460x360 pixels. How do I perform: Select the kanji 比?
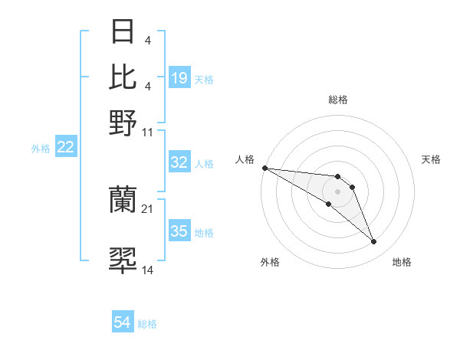pos(123,77)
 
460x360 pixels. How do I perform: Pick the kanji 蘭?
pos(123,200)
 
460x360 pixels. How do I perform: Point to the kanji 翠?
pos(123,261)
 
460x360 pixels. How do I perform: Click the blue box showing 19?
pos(179,78)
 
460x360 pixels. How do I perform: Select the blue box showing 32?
pos(179,162)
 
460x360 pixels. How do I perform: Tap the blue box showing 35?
pos(179,231)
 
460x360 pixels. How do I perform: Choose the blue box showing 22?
pos(66,148)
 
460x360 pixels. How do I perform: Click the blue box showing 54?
pos(123,323)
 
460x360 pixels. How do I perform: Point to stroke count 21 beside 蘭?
pos(148,208)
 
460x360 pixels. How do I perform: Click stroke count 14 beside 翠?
pos(148,270)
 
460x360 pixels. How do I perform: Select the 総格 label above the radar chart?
pos(338,100)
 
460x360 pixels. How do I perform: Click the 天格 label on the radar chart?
pos(431,159)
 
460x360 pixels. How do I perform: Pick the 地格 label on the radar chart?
pos(402,262)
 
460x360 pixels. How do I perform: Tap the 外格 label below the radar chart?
pos(270,262)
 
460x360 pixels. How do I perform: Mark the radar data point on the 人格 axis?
pos(264,168)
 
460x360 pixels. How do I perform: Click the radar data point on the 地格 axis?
pos(374,242)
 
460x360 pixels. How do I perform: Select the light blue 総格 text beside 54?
pos(147,324)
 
